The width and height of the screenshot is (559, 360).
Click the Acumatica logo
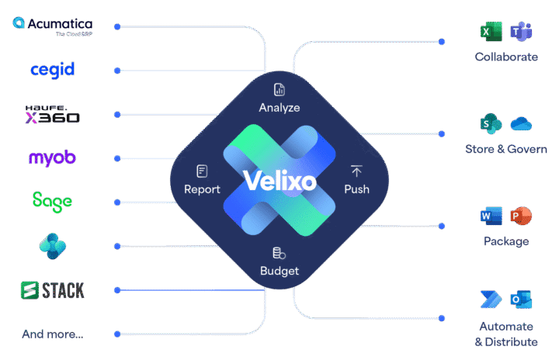(x=53, y=26)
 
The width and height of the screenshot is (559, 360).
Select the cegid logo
(x=53, y=70)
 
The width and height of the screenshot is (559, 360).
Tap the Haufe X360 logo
(x=53, y=114)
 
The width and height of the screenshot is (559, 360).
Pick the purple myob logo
(x=53, y=158)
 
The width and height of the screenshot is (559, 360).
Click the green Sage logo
(x=53, y=202)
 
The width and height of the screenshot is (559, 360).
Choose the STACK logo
(x=53, y=290)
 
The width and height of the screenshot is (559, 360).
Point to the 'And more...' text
(x=53, y=334)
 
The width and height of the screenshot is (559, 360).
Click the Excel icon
(x=491, y=31)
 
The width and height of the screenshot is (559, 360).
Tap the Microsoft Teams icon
(x=521, y=31)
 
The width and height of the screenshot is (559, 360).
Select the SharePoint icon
(x=491, y=123)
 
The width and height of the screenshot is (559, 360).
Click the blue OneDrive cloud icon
(x=521, y=124)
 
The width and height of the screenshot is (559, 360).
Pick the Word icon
(x=491, y=216)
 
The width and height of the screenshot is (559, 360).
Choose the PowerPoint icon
(x=521, y=216)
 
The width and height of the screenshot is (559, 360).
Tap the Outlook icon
(x=521, y=299)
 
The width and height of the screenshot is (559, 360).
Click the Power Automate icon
(x=491, y=299)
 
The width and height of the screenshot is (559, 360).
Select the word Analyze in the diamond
(x=279, y=108)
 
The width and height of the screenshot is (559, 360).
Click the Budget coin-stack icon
(x=279, y=253)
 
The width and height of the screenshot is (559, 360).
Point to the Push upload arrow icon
(x=356, y=171)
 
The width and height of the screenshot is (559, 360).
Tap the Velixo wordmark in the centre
(x=279, y=181)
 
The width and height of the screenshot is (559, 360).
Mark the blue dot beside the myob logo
(x=117, y=158)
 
